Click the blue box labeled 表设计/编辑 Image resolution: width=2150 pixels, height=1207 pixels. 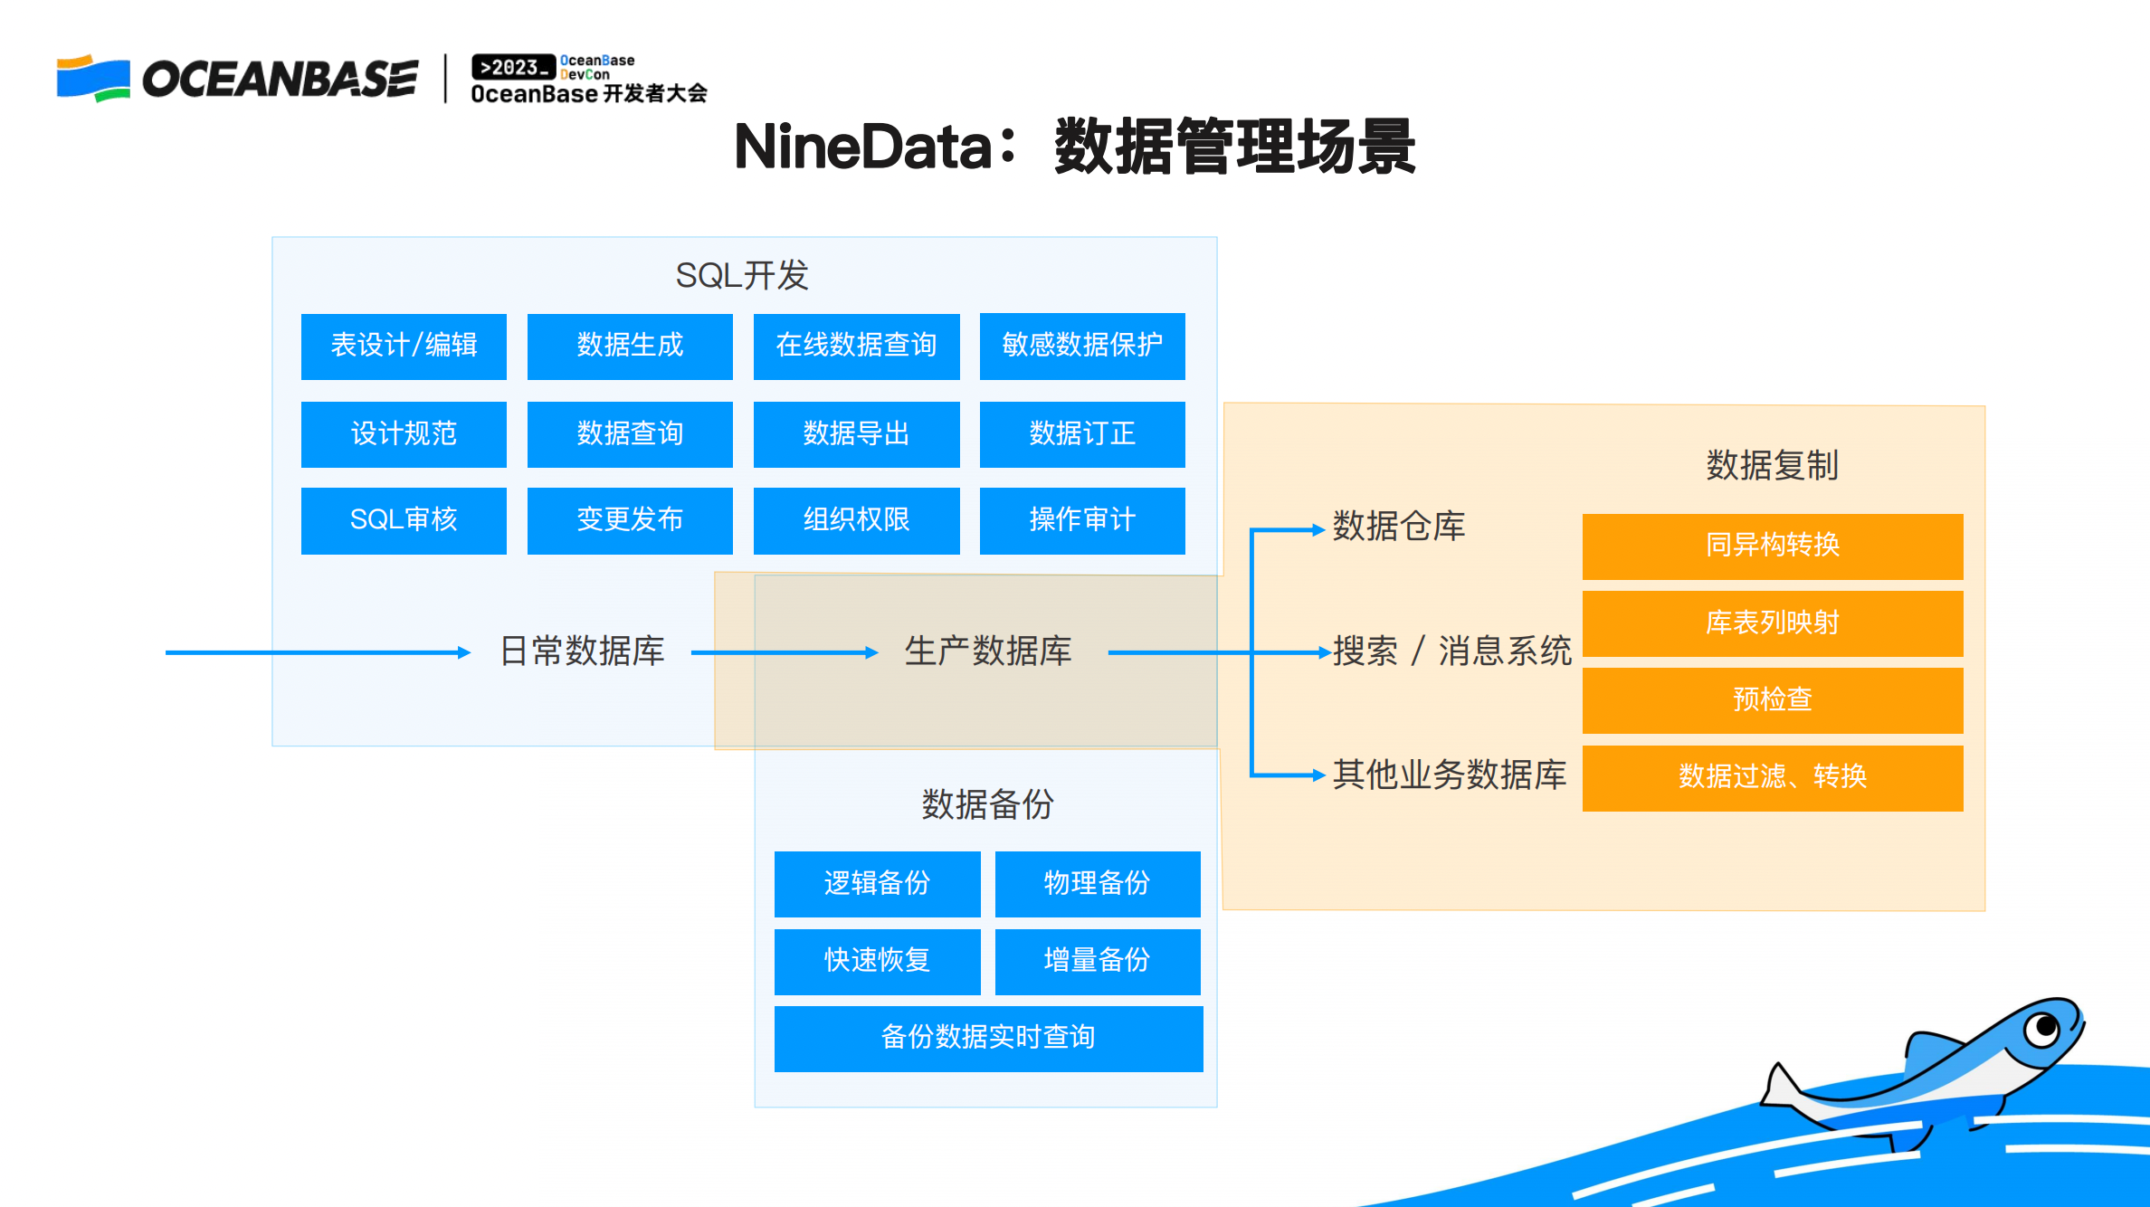click(x=404, y=346)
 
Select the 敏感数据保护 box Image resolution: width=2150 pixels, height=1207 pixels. click(x=1082, y=346)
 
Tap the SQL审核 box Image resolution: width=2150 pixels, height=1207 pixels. click(x=404, y=520)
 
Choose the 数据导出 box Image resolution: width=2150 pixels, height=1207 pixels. click(x=856, y=433)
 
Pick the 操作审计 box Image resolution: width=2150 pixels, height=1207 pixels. click(x=1082, y=520)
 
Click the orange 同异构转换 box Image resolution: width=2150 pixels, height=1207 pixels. click(x=1772, y=546)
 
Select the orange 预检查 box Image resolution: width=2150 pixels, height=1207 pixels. click(x=1772, y=699)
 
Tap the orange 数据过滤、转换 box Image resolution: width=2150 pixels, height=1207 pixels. click(x=1772, y=777)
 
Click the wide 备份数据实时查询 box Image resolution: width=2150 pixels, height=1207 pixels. click(x=988, y=1038)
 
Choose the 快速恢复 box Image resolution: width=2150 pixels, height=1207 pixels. click(x=877, y=961)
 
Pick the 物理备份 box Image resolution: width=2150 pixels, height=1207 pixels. click(x=1097, y=883)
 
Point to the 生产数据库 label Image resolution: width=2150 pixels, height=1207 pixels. click(x=988, y=651)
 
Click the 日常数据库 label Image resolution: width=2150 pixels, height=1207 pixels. click(x=582, y=651)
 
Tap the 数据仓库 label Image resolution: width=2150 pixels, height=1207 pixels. click(x=1398, y=527)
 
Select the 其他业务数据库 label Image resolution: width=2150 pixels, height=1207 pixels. click(x=1449, y=775)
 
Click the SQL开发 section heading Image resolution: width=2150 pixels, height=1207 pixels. click(x=742, y=275)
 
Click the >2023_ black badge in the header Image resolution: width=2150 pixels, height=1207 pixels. click(x=513, y=67)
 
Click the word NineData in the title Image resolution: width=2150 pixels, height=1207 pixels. click(x=862, y=147)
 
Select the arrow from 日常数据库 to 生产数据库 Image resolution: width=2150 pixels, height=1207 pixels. click(x=784, y=652)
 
